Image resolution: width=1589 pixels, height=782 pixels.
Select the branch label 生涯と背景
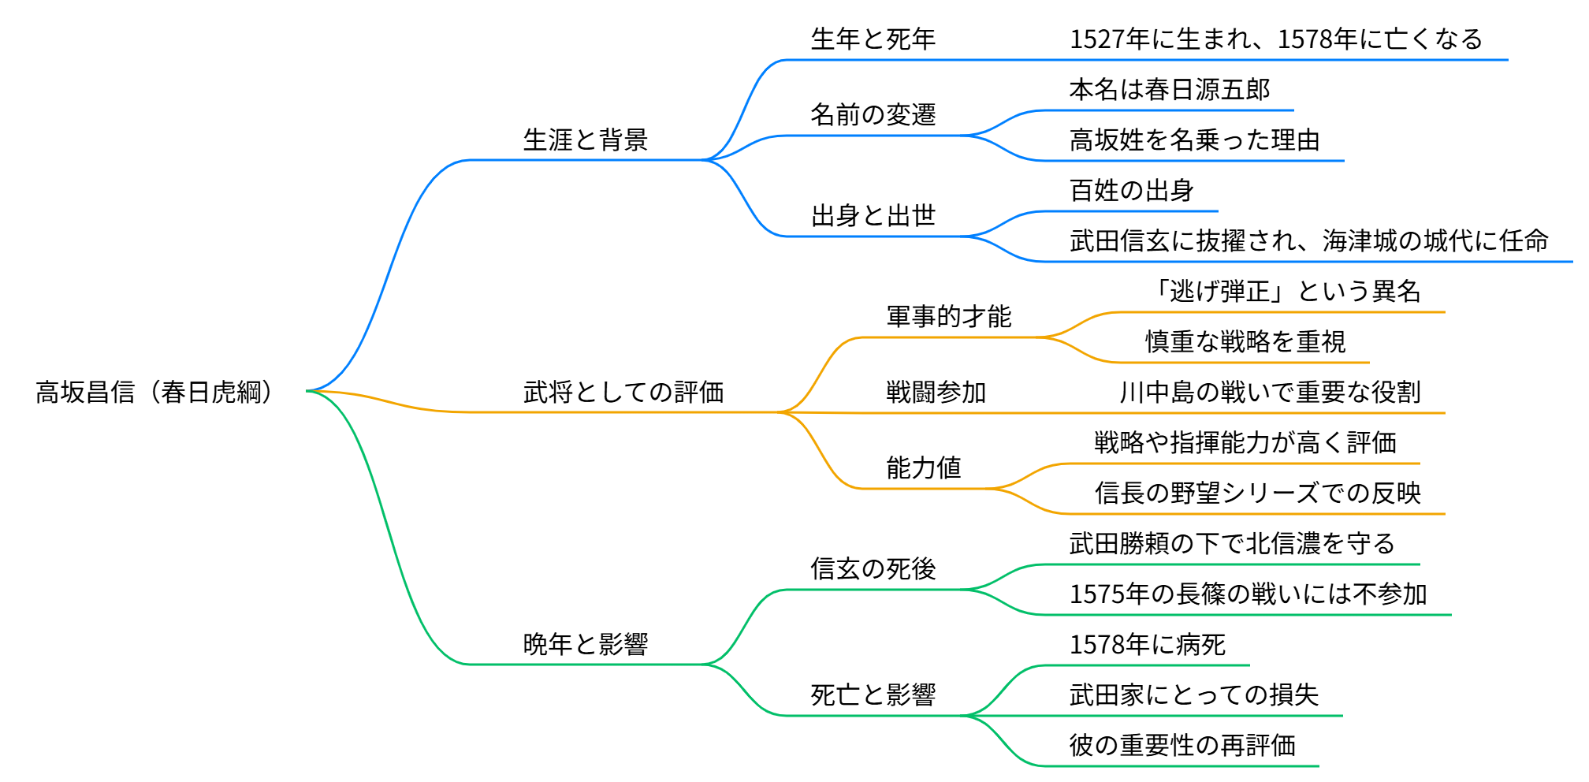pyautogui.click(x=585, y=140)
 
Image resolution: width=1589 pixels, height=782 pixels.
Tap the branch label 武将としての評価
pyautogui.click(x=623, y=392)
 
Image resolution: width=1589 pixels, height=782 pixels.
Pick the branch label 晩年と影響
pyautogui.click(x=585, y=644)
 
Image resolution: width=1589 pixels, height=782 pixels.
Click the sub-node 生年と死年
pyautogui.click(x=873, y=39)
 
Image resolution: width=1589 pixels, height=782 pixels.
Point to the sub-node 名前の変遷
pyautogui.click(x=873, y=115)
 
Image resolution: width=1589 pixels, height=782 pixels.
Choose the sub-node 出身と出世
pyautogui.click(x=873, y=215)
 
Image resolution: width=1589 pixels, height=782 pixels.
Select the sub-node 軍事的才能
pyautogui.click(x=948, y=316)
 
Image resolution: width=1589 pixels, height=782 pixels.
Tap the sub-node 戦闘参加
pyautogui.click(x=936, y=392)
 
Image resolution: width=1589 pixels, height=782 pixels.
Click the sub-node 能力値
pyautogui.click(x=923, y=467)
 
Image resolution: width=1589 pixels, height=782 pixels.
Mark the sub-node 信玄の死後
pyautogui.click(x=873, y=568)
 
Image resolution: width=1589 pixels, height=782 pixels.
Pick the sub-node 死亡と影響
pyautogui.click(x=873, y=694)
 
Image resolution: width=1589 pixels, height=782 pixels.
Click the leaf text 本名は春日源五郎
pyautogui.click(x=1169, y=90)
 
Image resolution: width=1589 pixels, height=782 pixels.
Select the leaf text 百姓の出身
pyautogui.click(x=1131, y=191)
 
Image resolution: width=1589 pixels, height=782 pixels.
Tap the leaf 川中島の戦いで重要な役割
pyautogui.click(x=1270, y=392)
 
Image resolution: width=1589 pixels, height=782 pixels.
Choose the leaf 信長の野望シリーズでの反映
pyautogui.click(x=1257, y=493)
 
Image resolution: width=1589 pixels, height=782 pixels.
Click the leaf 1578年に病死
pyautogui.click(x=1147, y=645)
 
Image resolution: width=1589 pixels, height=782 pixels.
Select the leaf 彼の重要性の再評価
pyautogui.click(x=1182, y=745)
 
